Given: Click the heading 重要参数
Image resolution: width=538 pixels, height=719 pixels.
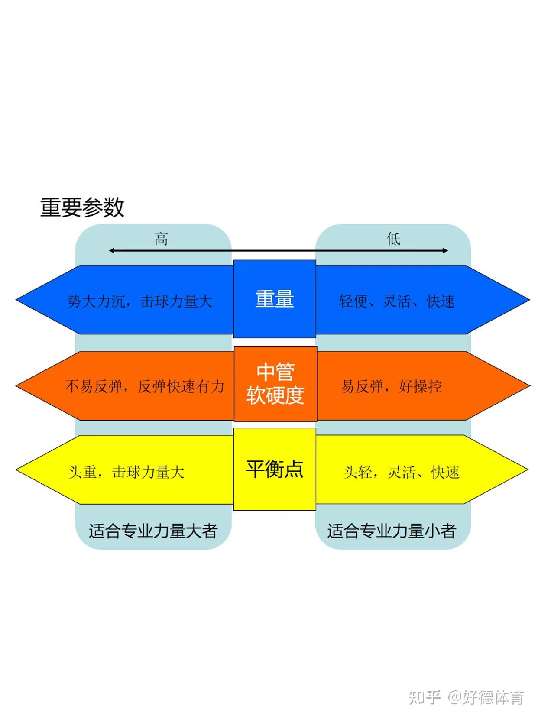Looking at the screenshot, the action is point(82,207).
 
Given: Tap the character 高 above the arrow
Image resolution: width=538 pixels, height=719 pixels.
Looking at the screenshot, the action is point(161,239).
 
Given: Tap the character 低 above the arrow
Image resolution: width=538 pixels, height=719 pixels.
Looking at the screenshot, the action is point(393,239).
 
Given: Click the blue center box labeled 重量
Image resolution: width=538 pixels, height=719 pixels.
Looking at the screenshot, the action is point(275,299).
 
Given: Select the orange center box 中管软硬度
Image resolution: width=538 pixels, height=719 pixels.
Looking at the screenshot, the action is point(275,384).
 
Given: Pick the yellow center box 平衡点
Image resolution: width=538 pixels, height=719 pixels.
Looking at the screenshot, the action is point(275,469).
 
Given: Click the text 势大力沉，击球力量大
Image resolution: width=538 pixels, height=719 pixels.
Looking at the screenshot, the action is point(140,301).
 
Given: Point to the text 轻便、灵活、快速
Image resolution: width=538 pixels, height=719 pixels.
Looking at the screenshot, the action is point(396,301).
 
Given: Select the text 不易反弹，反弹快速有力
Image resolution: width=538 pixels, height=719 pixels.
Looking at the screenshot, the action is point(145,386).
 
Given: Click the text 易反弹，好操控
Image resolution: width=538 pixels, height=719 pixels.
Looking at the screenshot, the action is point(392,386).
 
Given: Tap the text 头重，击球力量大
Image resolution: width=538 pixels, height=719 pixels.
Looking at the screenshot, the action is point(126,472).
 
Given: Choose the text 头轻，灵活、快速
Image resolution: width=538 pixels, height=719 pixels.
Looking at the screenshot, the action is point(401,472).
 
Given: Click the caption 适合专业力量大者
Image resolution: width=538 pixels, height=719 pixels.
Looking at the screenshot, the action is point(153,531).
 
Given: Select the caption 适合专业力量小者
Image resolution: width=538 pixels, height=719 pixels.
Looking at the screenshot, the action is point(391,531).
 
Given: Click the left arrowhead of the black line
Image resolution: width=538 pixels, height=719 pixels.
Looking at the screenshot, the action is point(111,250).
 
